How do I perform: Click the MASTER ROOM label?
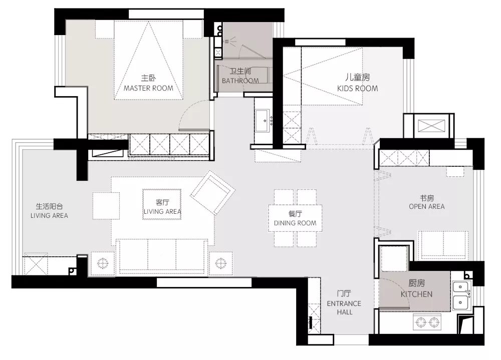pyautogui.click(x=148, y=84)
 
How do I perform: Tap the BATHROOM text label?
pyautogui.click(x=240, y=76)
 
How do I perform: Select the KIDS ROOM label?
pyautogui.click(x=357, y=83)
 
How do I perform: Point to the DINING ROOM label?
pyautogui.click(x=295, y=218)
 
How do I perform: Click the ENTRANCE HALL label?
pyautogui.click(x=344, y=303)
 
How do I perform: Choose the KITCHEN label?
pyautogui.click(x=416, y=290)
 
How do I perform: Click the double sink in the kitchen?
pyautogui.click(x=460, y=295)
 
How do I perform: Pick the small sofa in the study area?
pyautogui.click(x=443, y=245)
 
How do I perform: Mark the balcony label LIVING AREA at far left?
pyautogui.click(x=49, y=211)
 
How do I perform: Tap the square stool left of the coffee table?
pyautogui.click(x=106, y=206)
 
